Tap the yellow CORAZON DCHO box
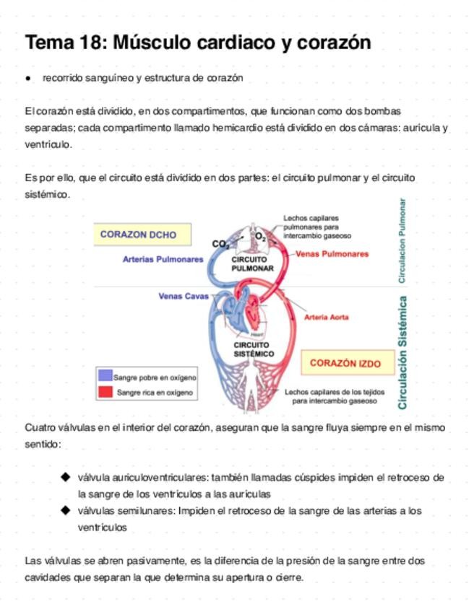click(x=138, y=235)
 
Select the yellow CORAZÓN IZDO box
click(x=345, y=363)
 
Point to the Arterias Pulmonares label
click(x=163, y=259)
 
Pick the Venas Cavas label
click(x=183, y=295)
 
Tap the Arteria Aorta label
click(x=327, y=317)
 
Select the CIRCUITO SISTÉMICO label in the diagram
click(x=253, y=349)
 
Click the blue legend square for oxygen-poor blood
click(x=105, y=376)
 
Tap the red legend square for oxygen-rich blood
click(x=105, y=391)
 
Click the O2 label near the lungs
click(x=260, y=236)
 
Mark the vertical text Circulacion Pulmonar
click(x=402, y=240)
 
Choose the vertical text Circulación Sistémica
click(x=402, y=351)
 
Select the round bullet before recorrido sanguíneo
click(x=28, y=78)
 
